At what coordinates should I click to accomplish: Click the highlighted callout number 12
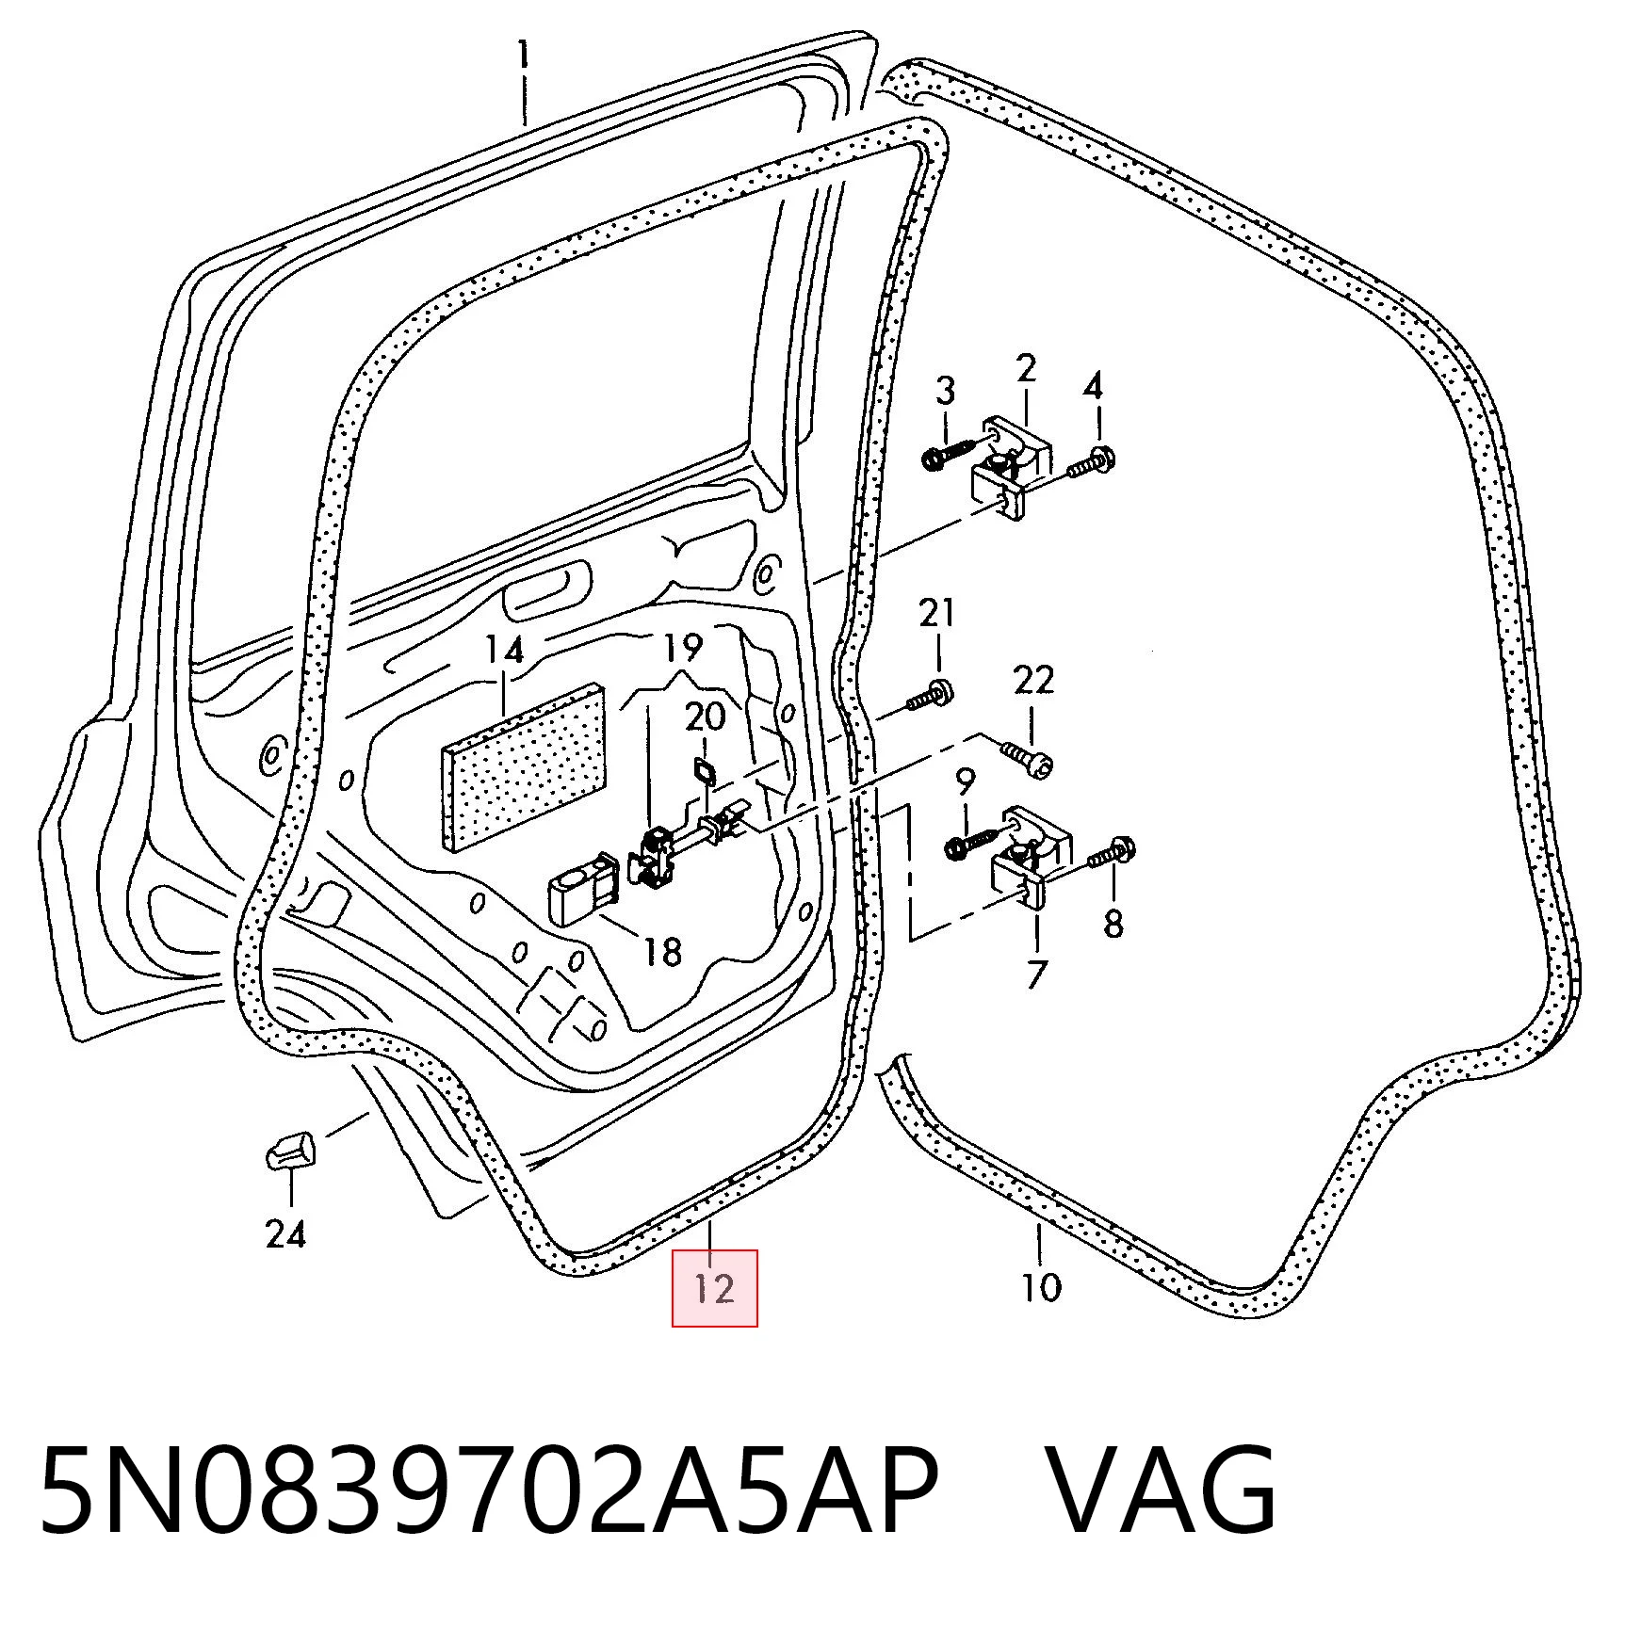click(x=714, y=1287)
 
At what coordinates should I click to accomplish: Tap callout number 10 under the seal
click(x=1041, y=1286)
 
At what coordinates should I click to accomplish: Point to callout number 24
click(x=285, y=1232)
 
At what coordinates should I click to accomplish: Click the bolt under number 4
click(x=1090, y=464)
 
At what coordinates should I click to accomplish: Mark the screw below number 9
click(x=975, y=841)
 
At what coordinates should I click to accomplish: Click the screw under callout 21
click(x=928, y=695)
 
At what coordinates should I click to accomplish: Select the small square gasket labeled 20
click(x=703, y=772)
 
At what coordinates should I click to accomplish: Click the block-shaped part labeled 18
click(x=582, y=891)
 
